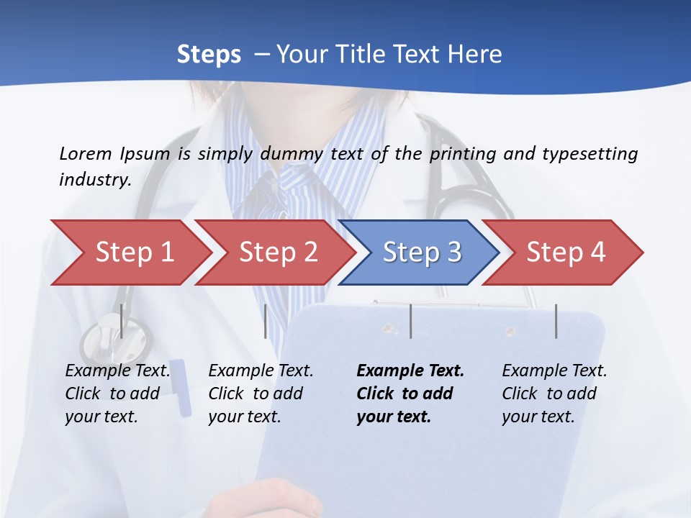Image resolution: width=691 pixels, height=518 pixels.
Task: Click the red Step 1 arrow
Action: (x=134, y=253)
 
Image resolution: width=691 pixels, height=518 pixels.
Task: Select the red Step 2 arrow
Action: (x=278, y=253)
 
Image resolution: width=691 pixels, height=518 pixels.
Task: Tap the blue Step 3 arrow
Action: (x=422, y=253)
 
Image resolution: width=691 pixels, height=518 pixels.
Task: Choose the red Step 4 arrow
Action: (x=566, y=253)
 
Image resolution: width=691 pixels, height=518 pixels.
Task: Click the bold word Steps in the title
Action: (x=209, y=55)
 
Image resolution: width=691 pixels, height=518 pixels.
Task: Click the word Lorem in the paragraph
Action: (x=85, y=154)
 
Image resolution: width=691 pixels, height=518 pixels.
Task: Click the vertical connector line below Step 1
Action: (x=122, y=321)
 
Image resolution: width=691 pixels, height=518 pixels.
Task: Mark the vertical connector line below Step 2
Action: (x=266, y=321)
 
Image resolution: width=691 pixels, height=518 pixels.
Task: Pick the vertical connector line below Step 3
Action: (x=410, y=321)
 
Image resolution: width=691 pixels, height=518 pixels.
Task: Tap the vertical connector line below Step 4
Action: (x=556, y=321)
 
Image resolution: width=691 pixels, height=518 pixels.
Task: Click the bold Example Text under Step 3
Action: (x=410, y=371)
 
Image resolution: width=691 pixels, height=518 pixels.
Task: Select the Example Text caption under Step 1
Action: (x=117, y=371)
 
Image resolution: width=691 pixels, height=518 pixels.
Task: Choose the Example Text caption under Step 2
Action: (x=261, y=371)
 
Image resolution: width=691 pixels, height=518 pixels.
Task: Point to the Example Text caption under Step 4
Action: (x=554, y=371)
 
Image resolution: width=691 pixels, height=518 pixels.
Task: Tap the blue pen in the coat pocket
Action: (x=181, y=388)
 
